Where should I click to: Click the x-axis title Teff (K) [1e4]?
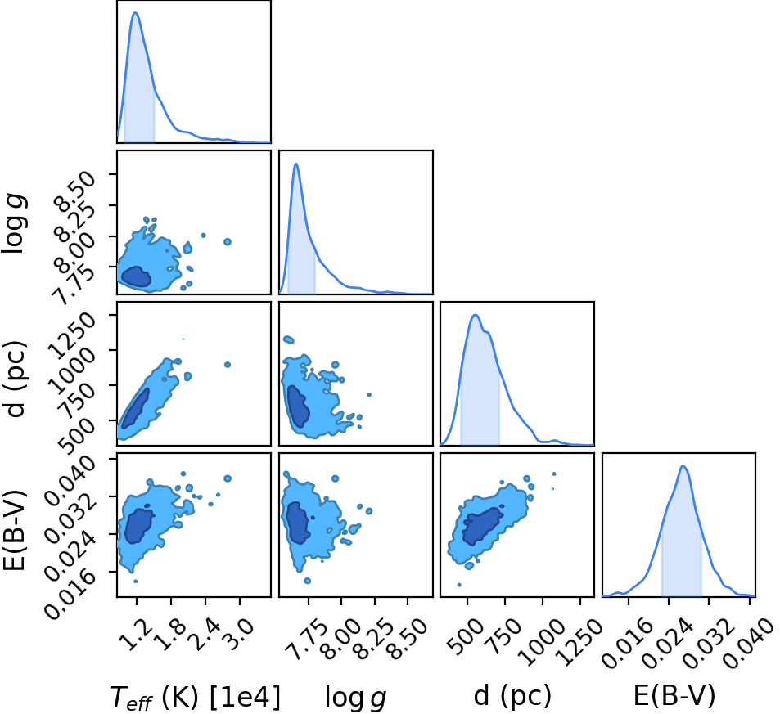[196, 697]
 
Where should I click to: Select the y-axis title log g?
[15, 224]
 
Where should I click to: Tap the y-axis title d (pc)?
[15, 379]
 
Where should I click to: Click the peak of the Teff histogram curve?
[135, 12]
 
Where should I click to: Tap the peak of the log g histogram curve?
[296, 164]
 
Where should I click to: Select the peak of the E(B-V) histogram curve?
[683, 466]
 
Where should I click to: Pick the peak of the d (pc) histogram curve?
[476, 315]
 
